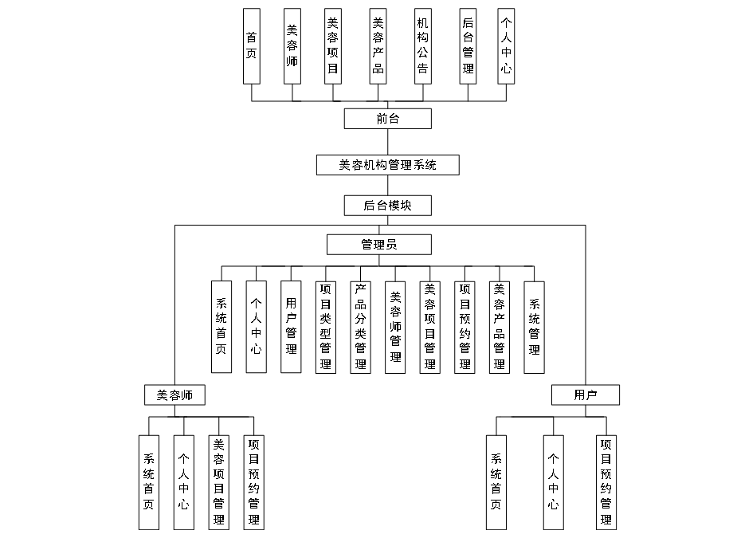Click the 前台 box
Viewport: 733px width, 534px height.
pos(387,119)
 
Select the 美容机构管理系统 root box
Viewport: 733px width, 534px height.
pos(387,165)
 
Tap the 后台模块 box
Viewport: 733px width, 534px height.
pos(387,205)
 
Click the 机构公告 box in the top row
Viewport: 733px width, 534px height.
pos(422,45)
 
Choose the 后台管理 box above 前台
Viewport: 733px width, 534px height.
pos(468,45)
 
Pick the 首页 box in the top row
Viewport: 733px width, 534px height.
pos(252,45)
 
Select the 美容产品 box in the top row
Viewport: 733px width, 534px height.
pos(378,45)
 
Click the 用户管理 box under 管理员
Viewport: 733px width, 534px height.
pos(291,327)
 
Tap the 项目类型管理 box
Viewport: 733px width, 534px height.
pos(325,327)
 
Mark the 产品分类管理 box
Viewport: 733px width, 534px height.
pos(360,327)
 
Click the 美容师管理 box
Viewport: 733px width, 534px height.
pos(395,327)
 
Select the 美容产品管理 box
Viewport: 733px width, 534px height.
pos(500,327)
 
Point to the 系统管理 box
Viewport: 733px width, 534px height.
pos(535,327)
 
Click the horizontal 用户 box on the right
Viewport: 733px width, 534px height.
pos(585,395)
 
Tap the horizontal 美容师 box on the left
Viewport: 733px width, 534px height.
pos(174,395)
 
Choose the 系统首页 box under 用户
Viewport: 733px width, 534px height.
pos(496,481)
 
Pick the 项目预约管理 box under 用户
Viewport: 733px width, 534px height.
pos(606,481)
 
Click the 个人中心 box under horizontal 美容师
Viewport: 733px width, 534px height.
pos(183,481)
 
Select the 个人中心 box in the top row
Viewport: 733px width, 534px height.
pos(505,45)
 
